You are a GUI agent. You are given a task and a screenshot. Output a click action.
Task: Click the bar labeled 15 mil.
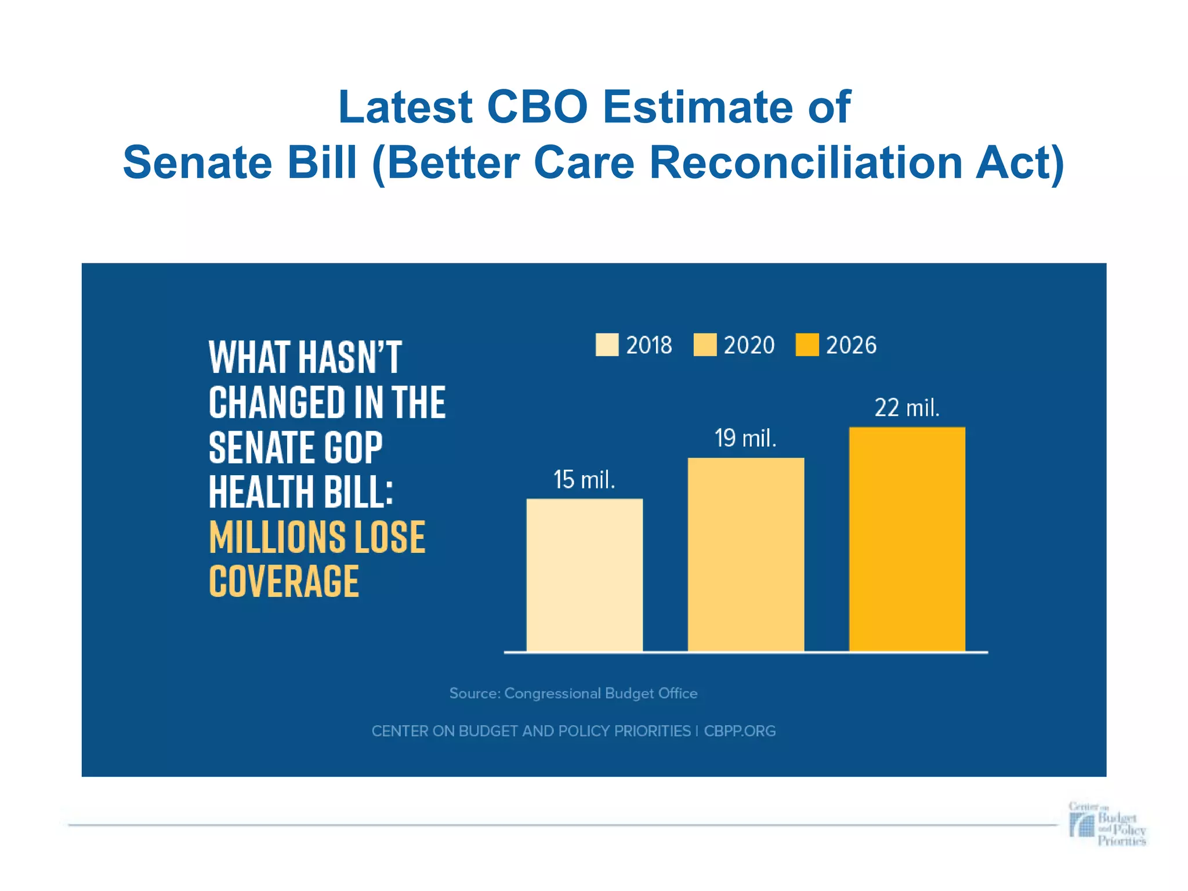[584, 574]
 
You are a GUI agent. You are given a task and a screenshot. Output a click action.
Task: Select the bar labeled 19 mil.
[745, 554]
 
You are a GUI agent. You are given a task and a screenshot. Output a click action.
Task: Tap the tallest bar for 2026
[907, 539]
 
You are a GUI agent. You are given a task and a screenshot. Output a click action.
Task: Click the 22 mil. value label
[907, 408]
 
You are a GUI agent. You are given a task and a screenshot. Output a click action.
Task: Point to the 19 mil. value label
[745, 439]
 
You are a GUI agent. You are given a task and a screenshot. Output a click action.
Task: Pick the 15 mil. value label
[584, 480]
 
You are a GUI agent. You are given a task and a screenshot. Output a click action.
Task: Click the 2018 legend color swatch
[607, 345]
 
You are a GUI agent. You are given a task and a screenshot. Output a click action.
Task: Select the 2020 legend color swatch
[705, 345]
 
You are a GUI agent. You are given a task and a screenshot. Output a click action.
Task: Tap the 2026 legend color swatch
[807, 345]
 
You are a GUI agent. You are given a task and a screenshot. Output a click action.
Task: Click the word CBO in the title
[537, 107]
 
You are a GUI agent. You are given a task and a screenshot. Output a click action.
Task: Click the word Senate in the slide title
[197, 163]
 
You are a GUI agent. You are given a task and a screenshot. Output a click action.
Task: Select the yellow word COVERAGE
[284, 581]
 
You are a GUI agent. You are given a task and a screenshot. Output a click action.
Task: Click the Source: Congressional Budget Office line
[573, 693]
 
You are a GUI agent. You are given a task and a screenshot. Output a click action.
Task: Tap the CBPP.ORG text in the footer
[740, 731]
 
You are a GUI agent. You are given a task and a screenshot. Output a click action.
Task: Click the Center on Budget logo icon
[1082, 824]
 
